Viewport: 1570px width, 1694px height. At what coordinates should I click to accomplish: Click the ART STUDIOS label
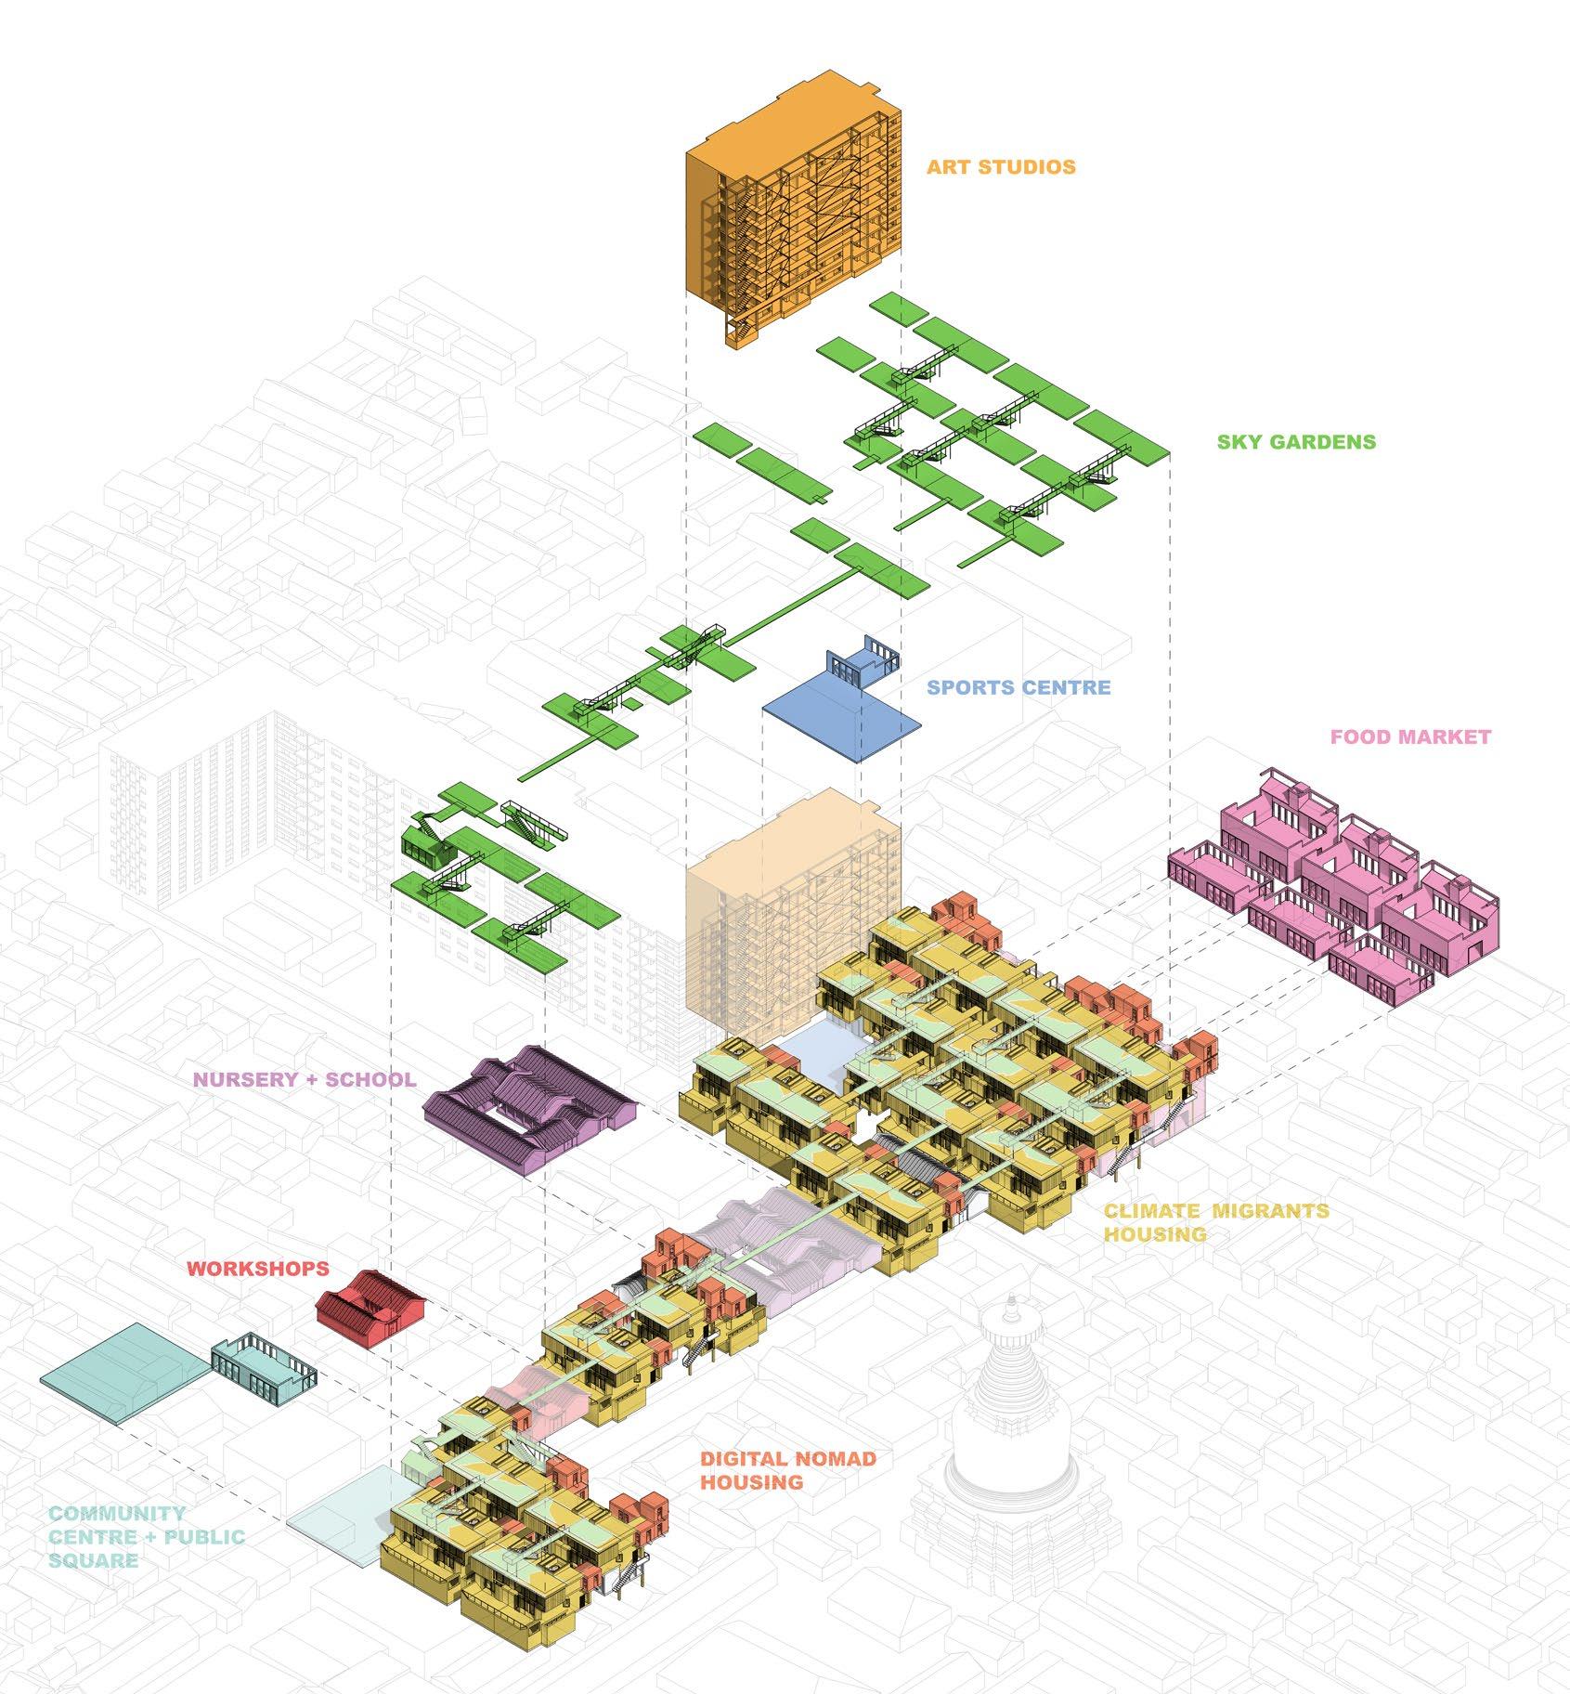pyautogui.click(x=1001, y=167)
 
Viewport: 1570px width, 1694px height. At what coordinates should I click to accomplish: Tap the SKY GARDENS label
pyautogui.click(x=1296, y=441)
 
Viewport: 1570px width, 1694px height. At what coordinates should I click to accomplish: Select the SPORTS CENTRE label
pyautogui.click(x=1019, y=688)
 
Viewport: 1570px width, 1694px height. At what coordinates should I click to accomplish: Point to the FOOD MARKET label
pyautogui.click(x=1410, y=737)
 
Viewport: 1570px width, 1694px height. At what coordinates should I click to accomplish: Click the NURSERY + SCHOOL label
pyautogui.click(x=304, y=1079)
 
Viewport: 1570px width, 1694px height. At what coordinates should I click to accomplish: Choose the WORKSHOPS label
pyautogui.click(x=258, y=1268)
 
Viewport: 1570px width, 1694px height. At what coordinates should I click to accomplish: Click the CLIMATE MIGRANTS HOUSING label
pyautogui.click(x=1215, y=1222)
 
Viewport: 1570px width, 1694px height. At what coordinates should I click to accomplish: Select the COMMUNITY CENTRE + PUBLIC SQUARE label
pyautogui.click(x=147, y=1537)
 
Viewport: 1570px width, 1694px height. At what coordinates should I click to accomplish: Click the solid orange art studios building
pyautogui.click(x=794, y=214)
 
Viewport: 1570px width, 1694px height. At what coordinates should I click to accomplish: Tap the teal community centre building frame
pyautogui.click(x=264, y=1372)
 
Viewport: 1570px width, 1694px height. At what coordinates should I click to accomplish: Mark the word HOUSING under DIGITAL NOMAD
pyautogui.click(x=752, y=1481)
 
